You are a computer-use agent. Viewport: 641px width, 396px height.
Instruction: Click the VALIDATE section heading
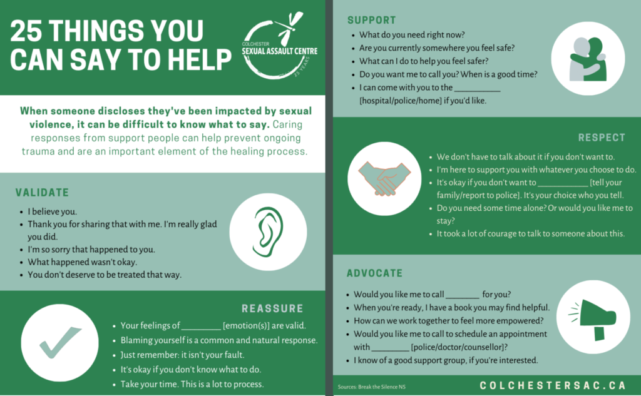point(42,193)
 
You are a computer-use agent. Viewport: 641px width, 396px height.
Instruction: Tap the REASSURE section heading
point(273,308)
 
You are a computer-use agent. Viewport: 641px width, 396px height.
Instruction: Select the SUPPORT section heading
point(372,20)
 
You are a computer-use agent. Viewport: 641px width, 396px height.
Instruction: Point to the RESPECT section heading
point(602,137)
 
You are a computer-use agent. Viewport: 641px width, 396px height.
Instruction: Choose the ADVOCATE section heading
point(374,273)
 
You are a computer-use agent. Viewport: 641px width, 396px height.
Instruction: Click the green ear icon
point(268,231)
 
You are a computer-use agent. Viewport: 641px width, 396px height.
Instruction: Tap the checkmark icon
point(60,342)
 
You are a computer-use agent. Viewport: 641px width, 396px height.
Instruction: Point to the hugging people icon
point(588,59)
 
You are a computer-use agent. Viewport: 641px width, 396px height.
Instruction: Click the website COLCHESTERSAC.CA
point(553,385)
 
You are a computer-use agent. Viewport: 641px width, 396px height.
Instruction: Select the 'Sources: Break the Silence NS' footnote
point(372,387)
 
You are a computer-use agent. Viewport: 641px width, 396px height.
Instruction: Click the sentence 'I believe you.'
point(53,211)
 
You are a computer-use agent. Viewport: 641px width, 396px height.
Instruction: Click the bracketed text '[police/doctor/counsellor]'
point(459,347)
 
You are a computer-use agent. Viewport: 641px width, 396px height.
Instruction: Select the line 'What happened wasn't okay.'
point(82,262)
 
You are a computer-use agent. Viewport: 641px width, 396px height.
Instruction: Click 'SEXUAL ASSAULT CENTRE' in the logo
point(280,51)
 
